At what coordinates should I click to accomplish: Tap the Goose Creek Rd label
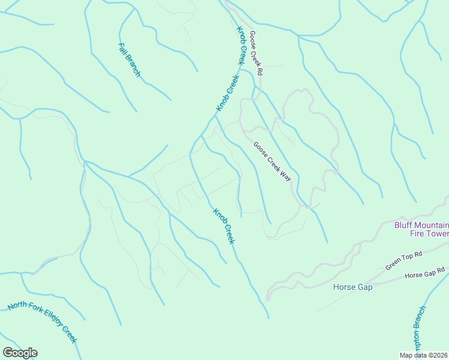pyautogui.click(x=256, y=53)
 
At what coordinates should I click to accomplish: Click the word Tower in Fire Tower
pyautogui.click(x=438, y=234)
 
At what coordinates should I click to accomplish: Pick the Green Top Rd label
pyautogui.click(x=404, y=262)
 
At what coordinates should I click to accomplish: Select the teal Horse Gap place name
pyautogui.click(x=353, y=287)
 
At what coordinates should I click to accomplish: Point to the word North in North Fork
pyautogui.click(x=17, y=306)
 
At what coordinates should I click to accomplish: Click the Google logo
pyautogui.click(x=20, y=353)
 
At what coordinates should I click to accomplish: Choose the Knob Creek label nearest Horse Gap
pyautogui.click(x=223, y=226)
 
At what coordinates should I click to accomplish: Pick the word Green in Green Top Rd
pyautogui.click(x=394, y=265)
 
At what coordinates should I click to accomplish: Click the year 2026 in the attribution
pyautogui.click(x=439, y=355)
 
